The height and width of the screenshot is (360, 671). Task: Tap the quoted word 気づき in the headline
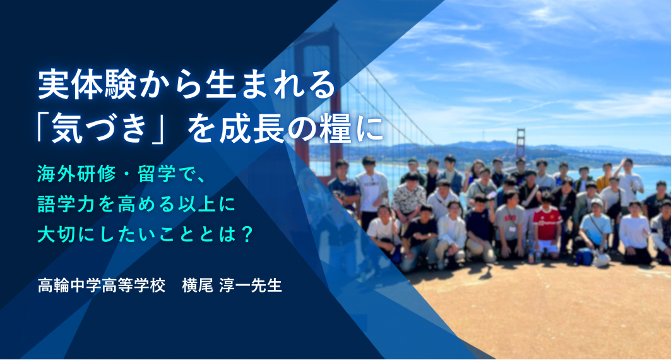click(99, 128)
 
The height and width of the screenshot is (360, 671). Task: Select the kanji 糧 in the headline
click(335, 128)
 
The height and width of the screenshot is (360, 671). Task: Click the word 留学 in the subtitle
click(157, 173)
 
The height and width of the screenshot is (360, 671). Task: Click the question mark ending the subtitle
click(246, 234)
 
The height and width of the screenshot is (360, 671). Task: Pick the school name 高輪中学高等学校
click(102, 285)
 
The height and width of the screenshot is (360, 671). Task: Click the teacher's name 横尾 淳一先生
click(232, 285)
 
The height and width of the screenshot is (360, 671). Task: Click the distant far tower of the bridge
click(520, 143)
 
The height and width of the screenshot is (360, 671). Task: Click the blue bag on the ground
click(584, 256)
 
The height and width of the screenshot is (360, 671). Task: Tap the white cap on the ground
click(601, 260)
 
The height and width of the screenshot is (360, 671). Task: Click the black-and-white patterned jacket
click(409, 198)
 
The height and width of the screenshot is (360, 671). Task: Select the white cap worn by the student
click(597, 202)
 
